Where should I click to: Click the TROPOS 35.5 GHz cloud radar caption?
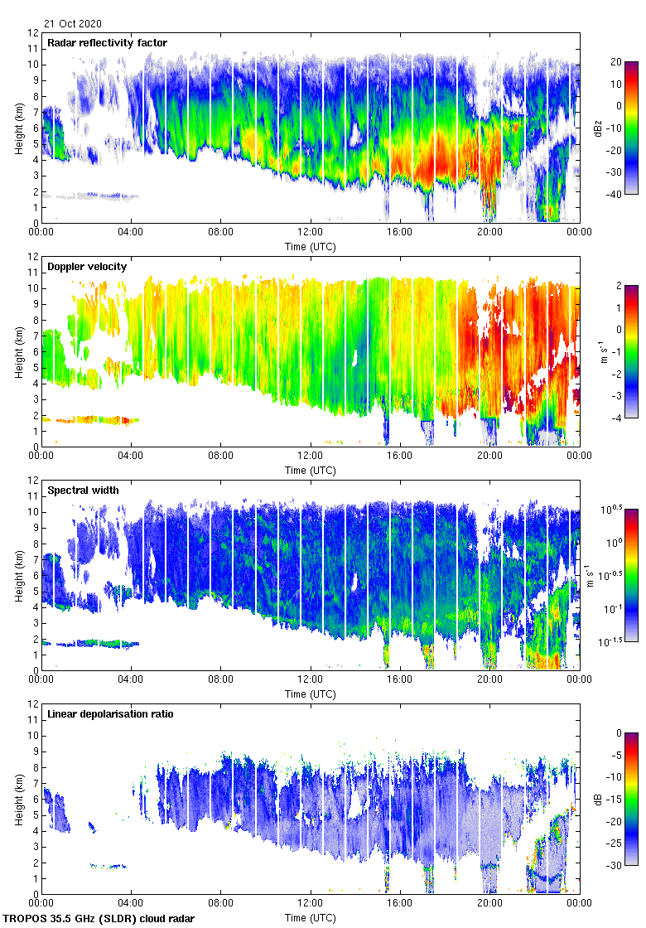click(x=99, y=918)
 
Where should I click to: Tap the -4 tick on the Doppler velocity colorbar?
click(x=617, y=418)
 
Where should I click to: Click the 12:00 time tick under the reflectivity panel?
click(x=311, y=233)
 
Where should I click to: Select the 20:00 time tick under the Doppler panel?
click(x=489, y=457)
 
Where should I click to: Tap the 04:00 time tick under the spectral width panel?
click(x=132, y=680)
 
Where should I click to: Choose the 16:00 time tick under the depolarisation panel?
click(x=400, y=904)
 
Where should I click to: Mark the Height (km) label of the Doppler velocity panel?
click(x=19, y=351)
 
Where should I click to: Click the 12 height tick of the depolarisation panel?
click(x=32, y=703)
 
